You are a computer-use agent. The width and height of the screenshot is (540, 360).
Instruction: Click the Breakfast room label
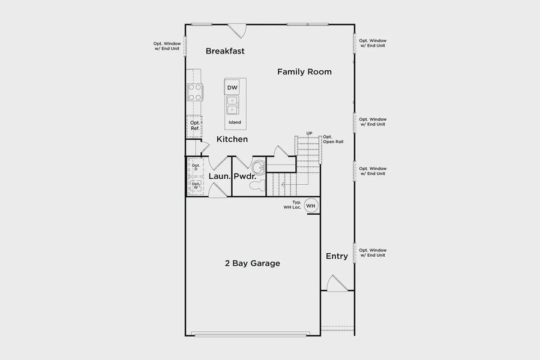pyautogui.click(x=225, y=51)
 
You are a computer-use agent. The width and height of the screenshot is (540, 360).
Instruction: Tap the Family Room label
pyautogui.click(x=304, y=72)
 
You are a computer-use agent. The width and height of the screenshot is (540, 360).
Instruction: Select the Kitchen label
pyautogui.click(x=232, y=139)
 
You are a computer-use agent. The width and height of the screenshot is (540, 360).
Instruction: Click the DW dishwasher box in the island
pyautogui.click(x=233, y=88)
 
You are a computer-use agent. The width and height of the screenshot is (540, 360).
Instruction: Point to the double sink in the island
pyautogui.click(x=233, y=106)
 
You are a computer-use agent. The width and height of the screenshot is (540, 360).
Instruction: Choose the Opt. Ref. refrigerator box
pyautogui.click(x=195, y=125)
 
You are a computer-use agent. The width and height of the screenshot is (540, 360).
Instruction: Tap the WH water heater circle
pyautogui.click(x=311, y=206)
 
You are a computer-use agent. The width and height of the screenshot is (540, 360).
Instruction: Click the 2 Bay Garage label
pyautogui.click(x=252, y=263)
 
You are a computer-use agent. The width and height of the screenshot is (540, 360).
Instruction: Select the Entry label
pyautogui.click(x=337, y=256)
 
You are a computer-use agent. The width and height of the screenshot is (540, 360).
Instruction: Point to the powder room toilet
pyautogui.click(x=256, y=186)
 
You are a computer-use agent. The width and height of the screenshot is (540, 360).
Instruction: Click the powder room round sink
pyautogui.click(x=258, y=167)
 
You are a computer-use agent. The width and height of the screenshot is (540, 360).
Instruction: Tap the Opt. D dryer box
pyautogui.click(x=196, y=167)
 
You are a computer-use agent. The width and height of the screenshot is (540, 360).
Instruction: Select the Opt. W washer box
pyautogui.click(x=196, y=186)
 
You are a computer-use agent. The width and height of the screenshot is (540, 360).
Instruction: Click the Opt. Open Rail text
pyautogui.click(x=333, y=139)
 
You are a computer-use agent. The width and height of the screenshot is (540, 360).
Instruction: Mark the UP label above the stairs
pyautogui.click(x=309, y=133)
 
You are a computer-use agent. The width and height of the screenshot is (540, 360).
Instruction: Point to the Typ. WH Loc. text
pyautogui.click(x=292, y=205)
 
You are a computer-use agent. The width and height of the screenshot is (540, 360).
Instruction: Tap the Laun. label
pyautogui.click(x=220, y=177)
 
